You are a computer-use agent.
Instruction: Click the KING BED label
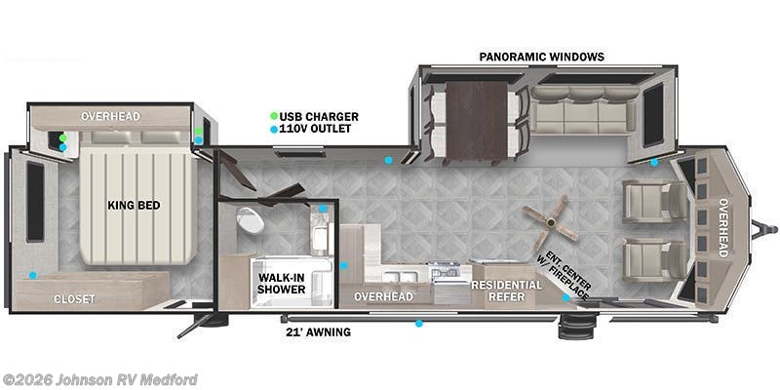(134, 206)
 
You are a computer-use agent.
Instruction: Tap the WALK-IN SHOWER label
(281, 284)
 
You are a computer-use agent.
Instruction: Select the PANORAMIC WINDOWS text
(541, 57)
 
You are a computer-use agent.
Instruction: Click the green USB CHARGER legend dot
(274, 117)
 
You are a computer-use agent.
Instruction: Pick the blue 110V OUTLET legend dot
(274, 129)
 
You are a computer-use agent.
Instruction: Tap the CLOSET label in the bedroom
(75, 298)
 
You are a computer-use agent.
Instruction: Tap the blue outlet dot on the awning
(419, 323)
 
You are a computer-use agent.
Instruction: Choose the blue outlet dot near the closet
(32, 275)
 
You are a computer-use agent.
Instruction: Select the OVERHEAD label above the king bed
(110, 116)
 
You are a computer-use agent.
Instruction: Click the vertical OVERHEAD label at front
(722, 228)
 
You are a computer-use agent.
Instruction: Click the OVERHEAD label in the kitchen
(383, 296)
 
